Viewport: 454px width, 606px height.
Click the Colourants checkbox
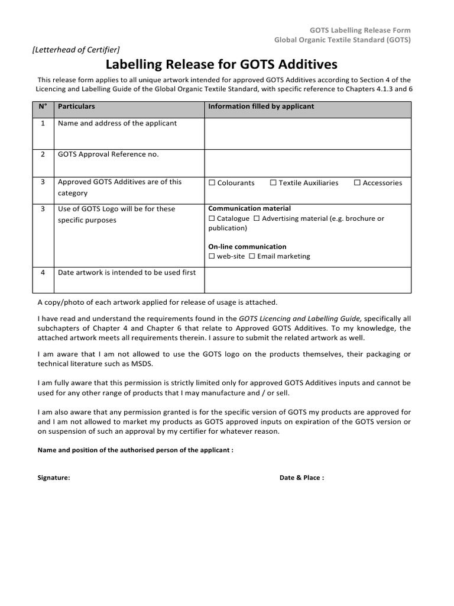point(212,183)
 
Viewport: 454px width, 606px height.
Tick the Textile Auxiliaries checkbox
point(273,183)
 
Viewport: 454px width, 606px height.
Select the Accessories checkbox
point(357,183)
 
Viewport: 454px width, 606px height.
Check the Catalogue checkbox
point(212,218)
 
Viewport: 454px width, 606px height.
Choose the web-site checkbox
point(212,256)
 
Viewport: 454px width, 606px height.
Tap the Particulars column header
point(76,107)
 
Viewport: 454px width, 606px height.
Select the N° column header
point(43,107)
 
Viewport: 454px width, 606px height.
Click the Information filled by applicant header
point(261,107)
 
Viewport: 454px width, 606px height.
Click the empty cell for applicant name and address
point(307,133)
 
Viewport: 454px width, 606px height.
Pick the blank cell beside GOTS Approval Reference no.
point(307,162)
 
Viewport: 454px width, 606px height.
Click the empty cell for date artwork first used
point(307,279)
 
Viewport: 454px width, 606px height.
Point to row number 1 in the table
point(43,123)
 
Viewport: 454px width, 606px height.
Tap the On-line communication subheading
point(247,246)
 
